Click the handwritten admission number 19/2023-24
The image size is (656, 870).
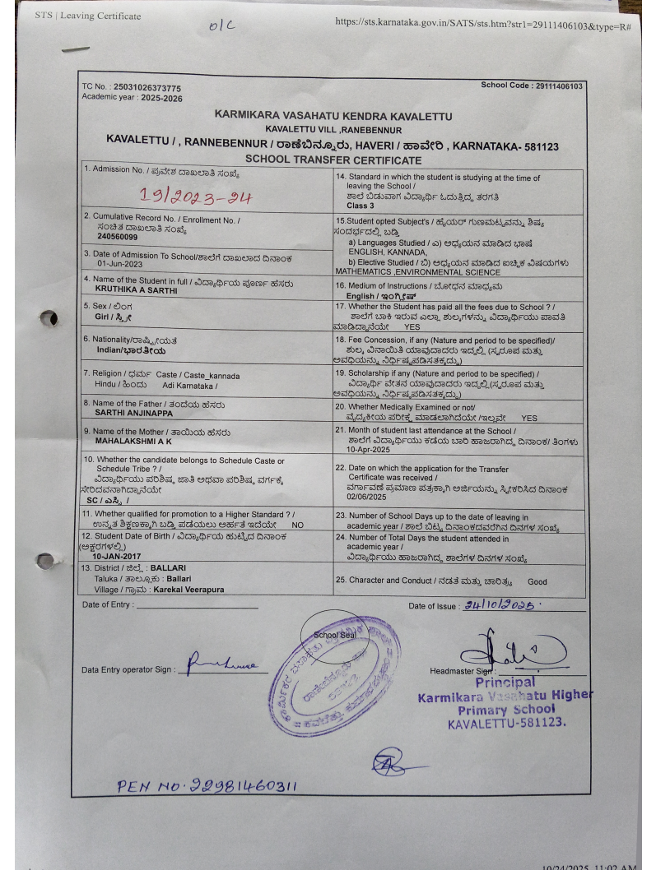coord(195,196)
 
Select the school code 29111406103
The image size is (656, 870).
coord(558,86)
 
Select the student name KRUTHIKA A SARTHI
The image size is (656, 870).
coord(137,289)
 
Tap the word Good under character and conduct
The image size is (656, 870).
coord(537,581)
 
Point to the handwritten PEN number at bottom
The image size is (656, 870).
coord(207,786)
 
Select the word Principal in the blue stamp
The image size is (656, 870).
coord(505,682)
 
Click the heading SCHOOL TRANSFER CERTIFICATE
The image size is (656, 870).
coord(333,160)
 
